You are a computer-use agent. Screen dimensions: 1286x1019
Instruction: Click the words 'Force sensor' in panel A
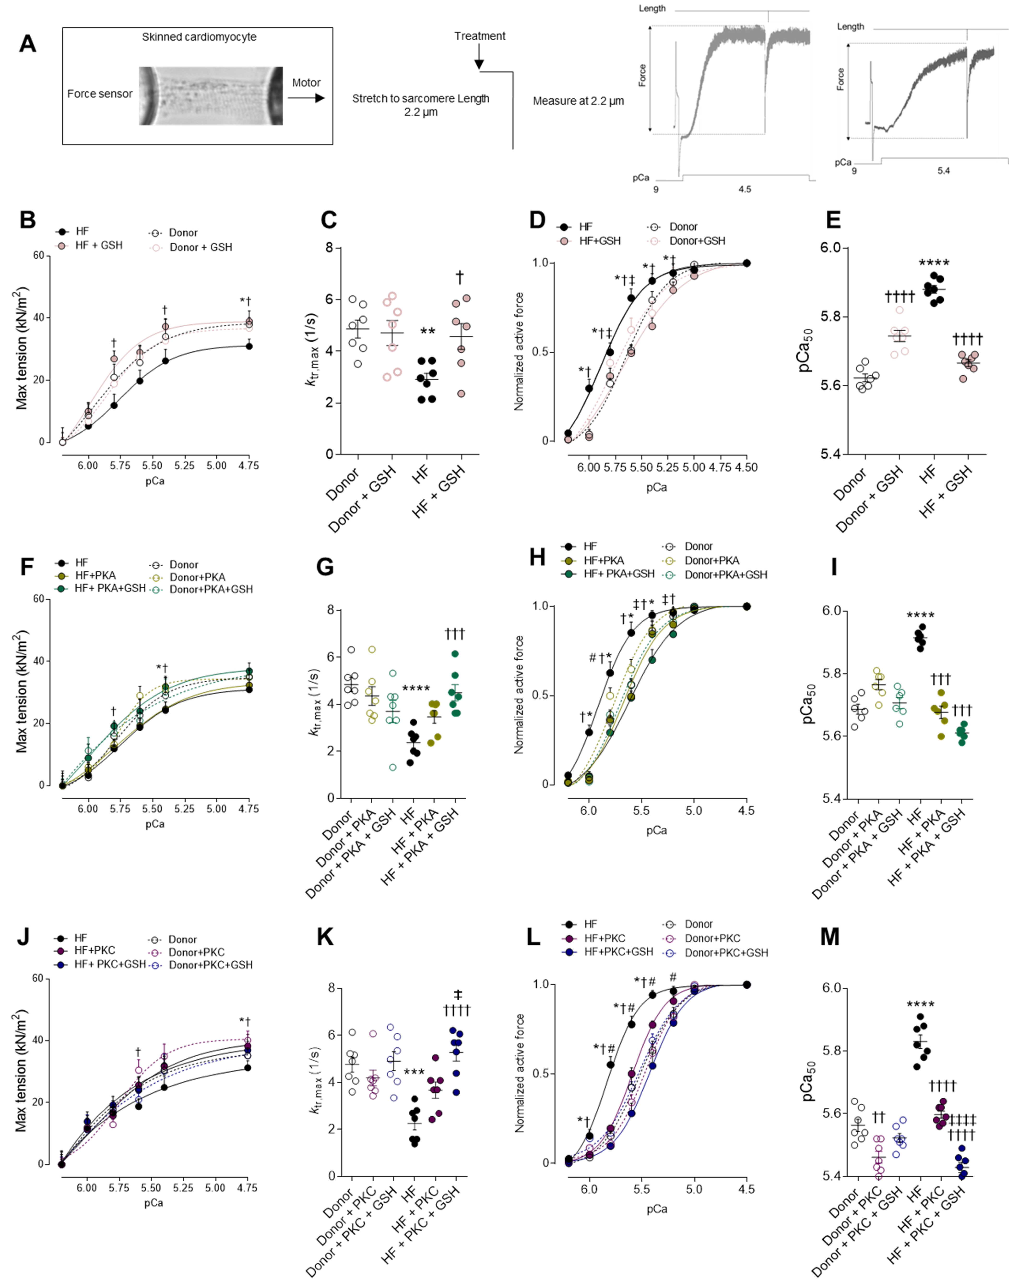pyautogui.click(x=100, y=94)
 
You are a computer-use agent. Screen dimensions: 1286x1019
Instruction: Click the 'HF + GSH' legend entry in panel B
pyautogui.click(x=98, y=245)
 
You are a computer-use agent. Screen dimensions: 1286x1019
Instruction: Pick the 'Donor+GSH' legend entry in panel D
pyautogui.click(x=696, y=241)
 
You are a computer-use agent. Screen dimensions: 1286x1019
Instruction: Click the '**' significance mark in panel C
pyautogui.click(x=427, y=332)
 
